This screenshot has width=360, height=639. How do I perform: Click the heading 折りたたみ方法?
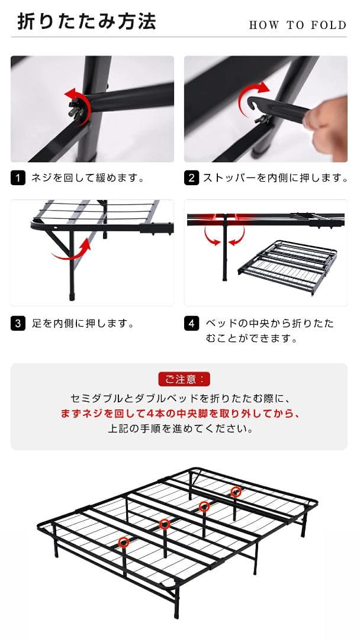(86, 22)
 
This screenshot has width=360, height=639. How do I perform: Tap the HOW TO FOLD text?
(297, 25)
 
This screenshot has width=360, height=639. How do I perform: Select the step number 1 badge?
(18, 177)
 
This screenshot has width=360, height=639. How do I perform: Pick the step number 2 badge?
(191, 177)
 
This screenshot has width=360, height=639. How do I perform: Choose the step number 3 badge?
(18, 324)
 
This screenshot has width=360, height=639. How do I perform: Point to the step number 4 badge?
(191, 324)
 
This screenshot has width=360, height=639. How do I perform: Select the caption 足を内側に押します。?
(82, 324)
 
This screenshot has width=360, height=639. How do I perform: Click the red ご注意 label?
(184, 379)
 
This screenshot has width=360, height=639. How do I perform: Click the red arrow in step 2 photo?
(251, 98)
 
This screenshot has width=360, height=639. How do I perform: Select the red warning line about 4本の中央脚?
(179, 414)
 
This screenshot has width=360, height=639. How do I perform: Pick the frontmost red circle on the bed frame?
(124, 542)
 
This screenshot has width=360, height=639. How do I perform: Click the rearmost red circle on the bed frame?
(236, 491)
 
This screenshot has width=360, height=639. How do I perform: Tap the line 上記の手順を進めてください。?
(179, 428)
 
